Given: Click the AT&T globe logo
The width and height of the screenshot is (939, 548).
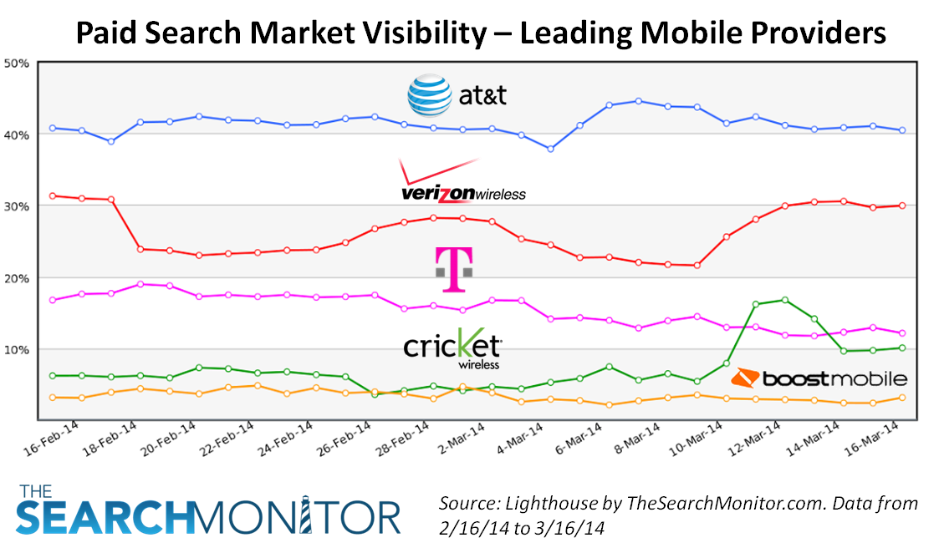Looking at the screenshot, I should [429, 95].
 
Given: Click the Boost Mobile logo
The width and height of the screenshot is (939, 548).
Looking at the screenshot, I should [819, 379].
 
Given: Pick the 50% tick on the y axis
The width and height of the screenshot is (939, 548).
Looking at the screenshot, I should [17, 63].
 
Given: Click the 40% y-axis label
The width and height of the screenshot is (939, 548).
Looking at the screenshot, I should [17, 134].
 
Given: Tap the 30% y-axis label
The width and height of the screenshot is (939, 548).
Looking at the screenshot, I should [17, 206].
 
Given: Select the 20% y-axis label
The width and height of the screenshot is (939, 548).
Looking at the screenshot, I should [17, 278].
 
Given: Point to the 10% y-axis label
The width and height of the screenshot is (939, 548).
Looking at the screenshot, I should [17, 349].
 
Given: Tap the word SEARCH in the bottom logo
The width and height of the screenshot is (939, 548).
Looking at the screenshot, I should [105, 518].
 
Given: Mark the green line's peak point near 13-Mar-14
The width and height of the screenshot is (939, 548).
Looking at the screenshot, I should [784, 300].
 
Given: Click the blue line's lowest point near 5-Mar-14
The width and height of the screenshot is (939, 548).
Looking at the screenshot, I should [549, 149].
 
